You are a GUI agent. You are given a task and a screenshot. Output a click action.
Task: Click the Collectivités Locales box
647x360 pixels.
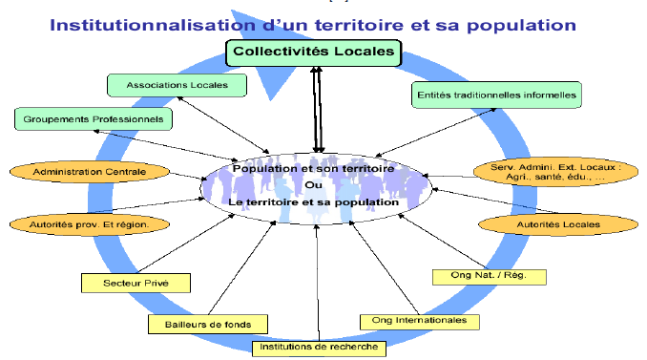point(314,53)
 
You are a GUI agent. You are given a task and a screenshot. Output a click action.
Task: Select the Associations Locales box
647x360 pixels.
point(177,85)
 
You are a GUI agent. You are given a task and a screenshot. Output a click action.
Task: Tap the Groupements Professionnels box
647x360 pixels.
point(94,119)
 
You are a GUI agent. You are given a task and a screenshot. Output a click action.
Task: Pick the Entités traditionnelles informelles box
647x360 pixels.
point(496,95)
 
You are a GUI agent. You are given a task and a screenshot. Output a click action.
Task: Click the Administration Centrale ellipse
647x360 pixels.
point(90,172)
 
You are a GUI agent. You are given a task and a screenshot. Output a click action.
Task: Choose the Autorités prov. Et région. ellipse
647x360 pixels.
point(90,224)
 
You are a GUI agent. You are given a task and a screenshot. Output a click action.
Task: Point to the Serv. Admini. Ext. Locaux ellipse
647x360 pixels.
point(555,172)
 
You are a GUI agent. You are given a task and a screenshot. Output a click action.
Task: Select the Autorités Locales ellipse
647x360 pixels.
point(558,224)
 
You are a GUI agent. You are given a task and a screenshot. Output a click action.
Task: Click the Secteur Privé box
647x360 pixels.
point(136,284)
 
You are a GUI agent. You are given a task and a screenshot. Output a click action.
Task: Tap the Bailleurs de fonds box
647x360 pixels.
point(208,325)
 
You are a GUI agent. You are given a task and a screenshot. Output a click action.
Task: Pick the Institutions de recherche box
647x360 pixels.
point(319,348)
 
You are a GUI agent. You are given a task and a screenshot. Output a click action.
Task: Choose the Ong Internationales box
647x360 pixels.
point(420,322)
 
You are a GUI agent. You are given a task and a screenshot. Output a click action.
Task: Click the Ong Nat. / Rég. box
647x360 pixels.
point(490,277)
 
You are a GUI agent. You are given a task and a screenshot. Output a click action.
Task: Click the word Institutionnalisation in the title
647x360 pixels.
point(153,25)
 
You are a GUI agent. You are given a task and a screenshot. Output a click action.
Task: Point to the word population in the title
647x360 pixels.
point(522,26)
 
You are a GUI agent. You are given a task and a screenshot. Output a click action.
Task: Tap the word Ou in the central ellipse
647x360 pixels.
point(313,185)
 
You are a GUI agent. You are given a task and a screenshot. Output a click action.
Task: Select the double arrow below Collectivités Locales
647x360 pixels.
point(317,110)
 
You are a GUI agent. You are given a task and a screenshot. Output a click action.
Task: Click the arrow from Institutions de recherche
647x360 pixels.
point(318,283)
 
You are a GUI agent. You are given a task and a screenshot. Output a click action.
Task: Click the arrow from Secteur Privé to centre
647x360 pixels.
point(186,244)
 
